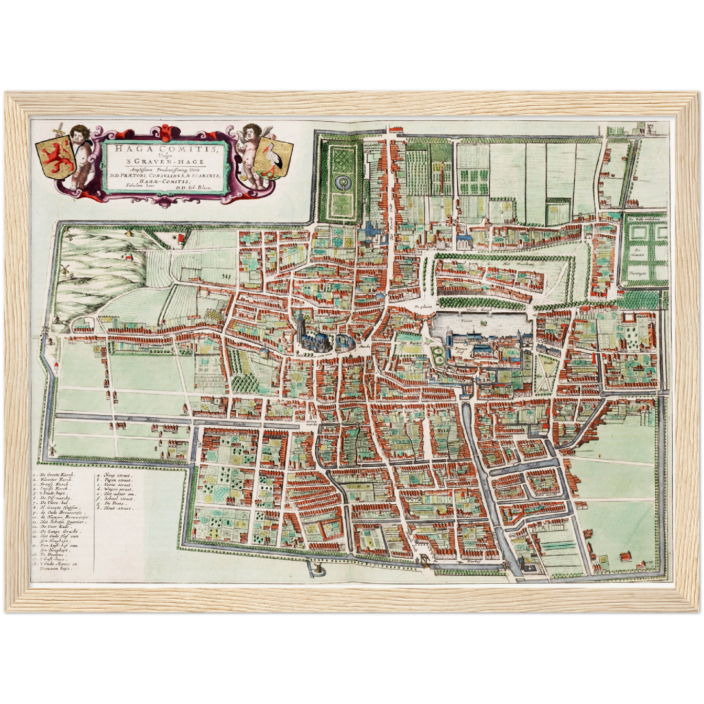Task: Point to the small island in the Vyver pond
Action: tap(484, 323)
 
